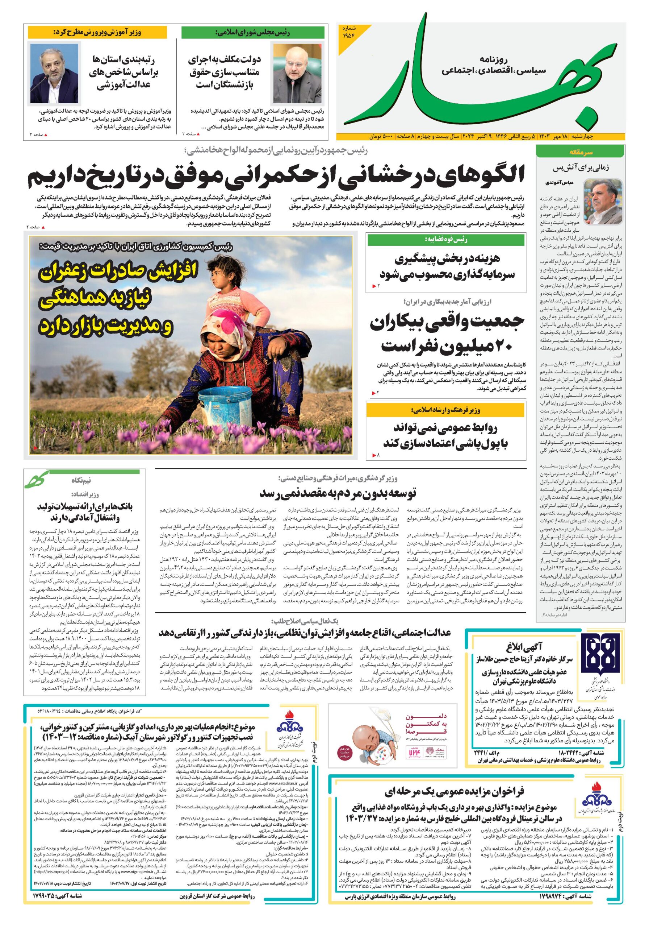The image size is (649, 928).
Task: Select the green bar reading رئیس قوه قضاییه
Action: click(x=446, y=240)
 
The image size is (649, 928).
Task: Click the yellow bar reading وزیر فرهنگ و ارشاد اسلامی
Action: click(x=446, y=410)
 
